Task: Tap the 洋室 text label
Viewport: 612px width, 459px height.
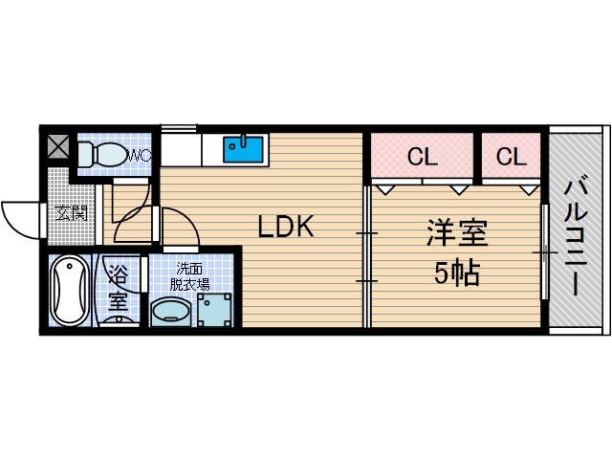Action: pos(457,232)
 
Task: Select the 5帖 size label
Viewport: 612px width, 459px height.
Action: pos(457,274)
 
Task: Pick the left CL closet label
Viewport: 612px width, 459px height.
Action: pos(422,157)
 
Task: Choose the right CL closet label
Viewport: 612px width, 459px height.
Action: pos(512,157)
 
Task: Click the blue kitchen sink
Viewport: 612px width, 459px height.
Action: pos(244,149)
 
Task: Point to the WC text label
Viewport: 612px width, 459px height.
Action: pos(140,154)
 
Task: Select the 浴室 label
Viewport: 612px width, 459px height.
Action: pos(118,288)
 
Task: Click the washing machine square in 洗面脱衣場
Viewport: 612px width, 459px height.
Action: pos(214,309)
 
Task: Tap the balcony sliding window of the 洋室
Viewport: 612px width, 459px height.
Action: pos(544,252)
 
